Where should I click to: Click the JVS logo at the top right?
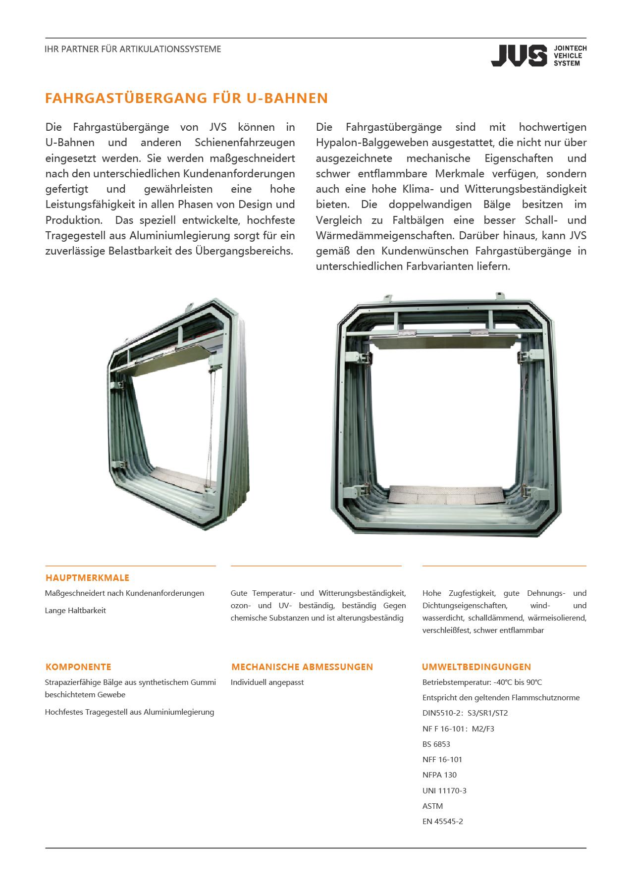(x=538, y=55)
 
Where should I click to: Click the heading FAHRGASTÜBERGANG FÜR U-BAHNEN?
(x=186, y=98)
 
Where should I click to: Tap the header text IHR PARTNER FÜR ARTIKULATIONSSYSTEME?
(x=133, y=49)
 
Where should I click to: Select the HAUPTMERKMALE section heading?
(x=87, y=577)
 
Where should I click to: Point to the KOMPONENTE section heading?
(x=78, y=667)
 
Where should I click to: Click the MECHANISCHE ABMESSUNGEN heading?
(x=302, y=667)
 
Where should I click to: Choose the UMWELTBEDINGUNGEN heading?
(x=476, y=667)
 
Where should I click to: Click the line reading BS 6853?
(x=436, y=744)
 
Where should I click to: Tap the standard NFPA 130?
(x=439, y=775)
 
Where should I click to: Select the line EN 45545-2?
(x=442, y=821)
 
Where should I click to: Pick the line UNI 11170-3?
(x=444, y=790)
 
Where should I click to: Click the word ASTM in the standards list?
(x=432, y=806)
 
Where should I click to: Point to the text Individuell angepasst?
(x=267, y=682)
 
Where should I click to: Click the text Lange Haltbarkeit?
(x=75, y=610)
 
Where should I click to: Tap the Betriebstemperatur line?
(x=482, y=682)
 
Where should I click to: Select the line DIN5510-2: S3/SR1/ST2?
(x=465, y=713)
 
